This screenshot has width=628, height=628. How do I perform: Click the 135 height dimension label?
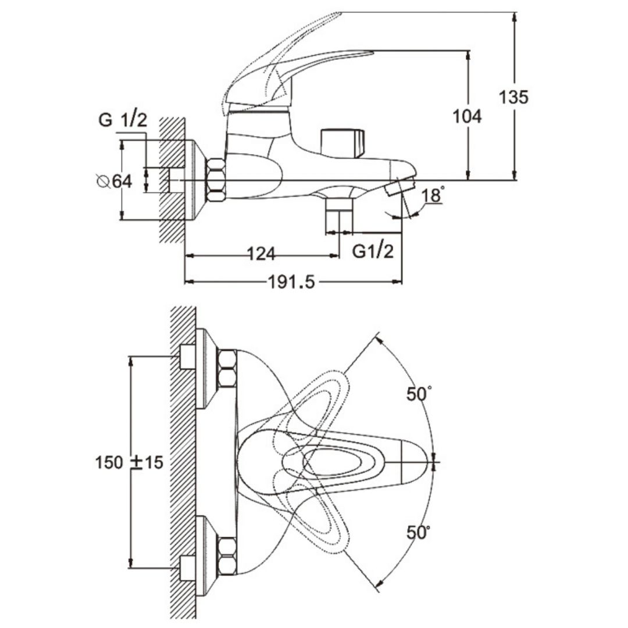(513, 97)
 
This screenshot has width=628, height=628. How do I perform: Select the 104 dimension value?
(467, 116)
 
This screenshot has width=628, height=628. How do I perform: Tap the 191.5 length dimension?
(291, 283)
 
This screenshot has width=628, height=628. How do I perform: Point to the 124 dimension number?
(261, 254)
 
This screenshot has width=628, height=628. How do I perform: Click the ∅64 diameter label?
(115, 181)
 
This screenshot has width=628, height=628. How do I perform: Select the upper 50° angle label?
(419, 394)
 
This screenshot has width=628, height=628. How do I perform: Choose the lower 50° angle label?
(419, 533)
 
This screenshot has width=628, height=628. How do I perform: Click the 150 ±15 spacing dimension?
(129, 463)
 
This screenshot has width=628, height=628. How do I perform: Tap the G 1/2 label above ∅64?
(123, 120)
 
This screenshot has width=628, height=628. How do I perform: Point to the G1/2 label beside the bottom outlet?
(373, 251)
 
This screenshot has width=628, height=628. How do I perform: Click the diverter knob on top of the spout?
(343, 143)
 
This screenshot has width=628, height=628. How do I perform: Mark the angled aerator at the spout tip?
(399, 187)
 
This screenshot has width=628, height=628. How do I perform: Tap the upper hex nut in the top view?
(227, 369)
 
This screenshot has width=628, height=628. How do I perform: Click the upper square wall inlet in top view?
(187, 357)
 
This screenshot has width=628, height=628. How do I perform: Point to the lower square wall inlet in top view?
(187, 569)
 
